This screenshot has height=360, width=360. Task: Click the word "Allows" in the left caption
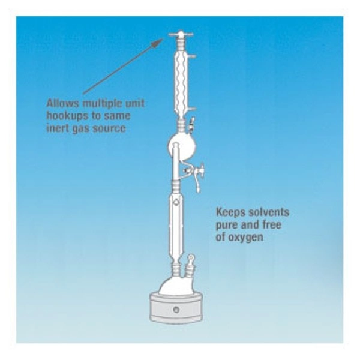pyautogui.click(x=62, y=103)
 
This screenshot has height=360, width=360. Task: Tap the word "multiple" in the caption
pyautogui.click(x=103, y=104)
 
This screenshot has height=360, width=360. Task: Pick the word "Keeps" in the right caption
pyautogui.click(x=230, y=212)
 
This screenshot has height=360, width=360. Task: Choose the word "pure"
pyautogui.click(x=226, y=225)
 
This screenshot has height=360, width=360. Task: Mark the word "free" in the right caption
pyautogui.click(x=271, y=224)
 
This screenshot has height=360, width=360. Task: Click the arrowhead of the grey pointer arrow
pyautogui.click(x=158, y=42)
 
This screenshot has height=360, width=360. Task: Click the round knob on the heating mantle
pyautogui.click(x=176, y=310)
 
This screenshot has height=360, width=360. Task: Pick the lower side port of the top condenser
pyautogui.click(x=192, y=109)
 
